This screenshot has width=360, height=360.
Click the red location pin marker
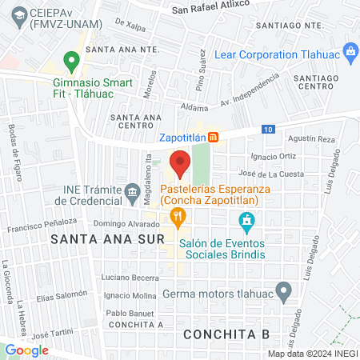coord(180,163)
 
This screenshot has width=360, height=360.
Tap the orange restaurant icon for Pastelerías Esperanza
coord(178,215)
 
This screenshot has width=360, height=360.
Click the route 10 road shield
coord(268,130)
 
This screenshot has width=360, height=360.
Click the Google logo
coord(27,350)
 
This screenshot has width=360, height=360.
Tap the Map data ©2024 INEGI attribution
coord(313,354)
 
